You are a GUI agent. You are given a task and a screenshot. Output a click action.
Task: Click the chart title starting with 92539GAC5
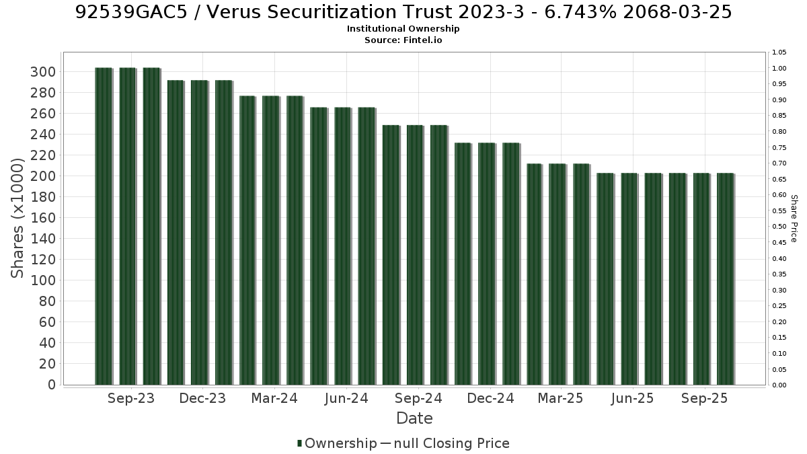point(403,12)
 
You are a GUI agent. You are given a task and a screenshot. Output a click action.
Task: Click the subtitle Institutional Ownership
point(403,29)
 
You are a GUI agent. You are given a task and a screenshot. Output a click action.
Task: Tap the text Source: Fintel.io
point(403,40)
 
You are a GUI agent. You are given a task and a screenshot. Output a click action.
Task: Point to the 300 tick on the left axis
point(43,72)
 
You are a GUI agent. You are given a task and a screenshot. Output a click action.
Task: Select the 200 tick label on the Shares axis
point(43,176)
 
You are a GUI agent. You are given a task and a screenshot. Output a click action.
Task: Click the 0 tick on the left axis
point(52,385)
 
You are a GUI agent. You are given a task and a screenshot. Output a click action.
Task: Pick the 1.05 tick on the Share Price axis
point(779,52)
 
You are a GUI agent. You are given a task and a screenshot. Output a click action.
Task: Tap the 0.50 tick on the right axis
point(779,227)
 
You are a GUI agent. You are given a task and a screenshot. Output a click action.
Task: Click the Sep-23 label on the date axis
point(131,398)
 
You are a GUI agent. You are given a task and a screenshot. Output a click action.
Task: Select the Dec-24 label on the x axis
point(490,398)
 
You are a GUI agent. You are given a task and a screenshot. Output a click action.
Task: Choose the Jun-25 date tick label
point(632,398)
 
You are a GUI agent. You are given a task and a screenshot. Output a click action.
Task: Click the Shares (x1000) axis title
point(17,219)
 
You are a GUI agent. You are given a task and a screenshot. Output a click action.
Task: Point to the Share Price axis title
point(794,219)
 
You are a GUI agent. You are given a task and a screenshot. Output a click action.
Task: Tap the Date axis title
point(414,418)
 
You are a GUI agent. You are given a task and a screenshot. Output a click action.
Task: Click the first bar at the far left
point(104,226)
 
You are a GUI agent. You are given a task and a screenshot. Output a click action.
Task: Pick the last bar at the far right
point(726,279)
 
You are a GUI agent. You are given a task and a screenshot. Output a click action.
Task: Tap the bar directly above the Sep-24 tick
point(416,255)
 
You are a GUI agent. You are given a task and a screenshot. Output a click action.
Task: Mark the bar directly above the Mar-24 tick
point(271,240)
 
